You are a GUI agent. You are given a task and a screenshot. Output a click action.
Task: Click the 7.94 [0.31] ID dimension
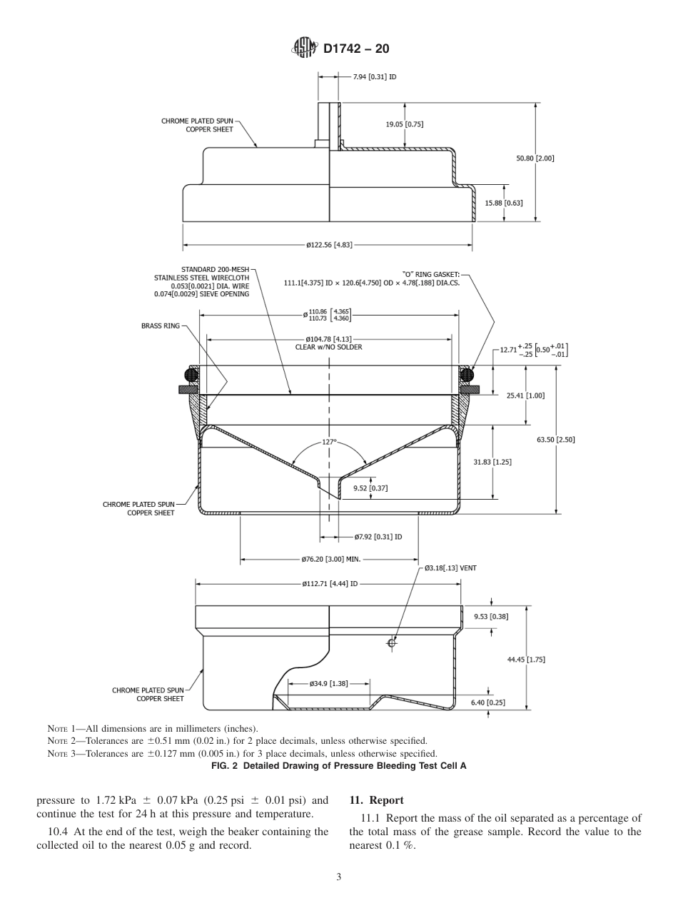click(x=374, y=76)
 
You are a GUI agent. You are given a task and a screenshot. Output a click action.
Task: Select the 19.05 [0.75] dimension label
click(x=405, y=124)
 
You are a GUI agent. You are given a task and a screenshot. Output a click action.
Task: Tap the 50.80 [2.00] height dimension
click(x=535, y=158)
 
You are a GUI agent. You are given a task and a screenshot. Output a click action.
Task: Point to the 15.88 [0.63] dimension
click(x=504, y=203)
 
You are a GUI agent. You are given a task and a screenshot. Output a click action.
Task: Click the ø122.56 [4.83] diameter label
click(x=328, y=246)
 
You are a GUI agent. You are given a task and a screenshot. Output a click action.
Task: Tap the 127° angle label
click(x=328, y=442)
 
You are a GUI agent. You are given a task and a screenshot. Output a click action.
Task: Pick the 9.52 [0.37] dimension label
click(x=370, y=488)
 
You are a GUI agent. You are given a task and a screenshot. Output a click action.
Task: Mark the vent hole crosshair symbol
click(x=391, y=643)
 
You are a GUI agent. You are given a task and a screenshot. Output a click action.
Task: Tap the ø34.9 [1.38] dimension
click(x=328, y=683)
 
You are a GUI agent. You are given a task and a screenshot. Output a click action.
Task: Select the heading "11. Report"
click(x=376, y=800)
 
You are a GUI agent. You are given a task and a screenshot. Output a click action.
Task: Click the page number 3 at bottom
click(x=338, y=877)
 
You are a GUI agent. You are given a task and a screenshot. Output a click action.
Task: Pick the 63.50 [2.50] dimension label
click(x=555, y=440)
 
